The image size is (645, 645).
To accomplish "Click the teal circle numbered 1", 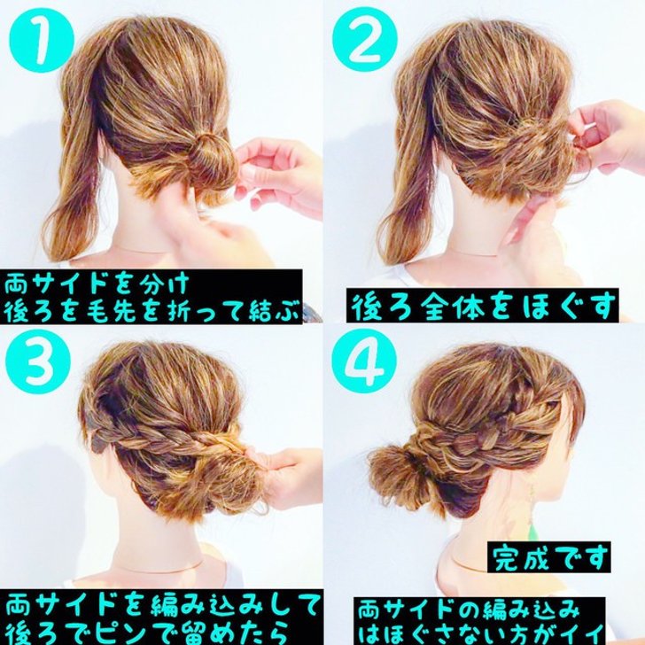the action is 42,41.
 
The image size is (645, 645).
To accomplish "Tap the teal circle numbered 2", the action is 365,41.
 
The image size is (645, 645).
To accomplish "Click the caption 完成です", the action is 549,557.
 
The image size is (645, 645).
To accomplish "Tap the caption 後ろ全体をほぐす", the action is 483,305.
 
